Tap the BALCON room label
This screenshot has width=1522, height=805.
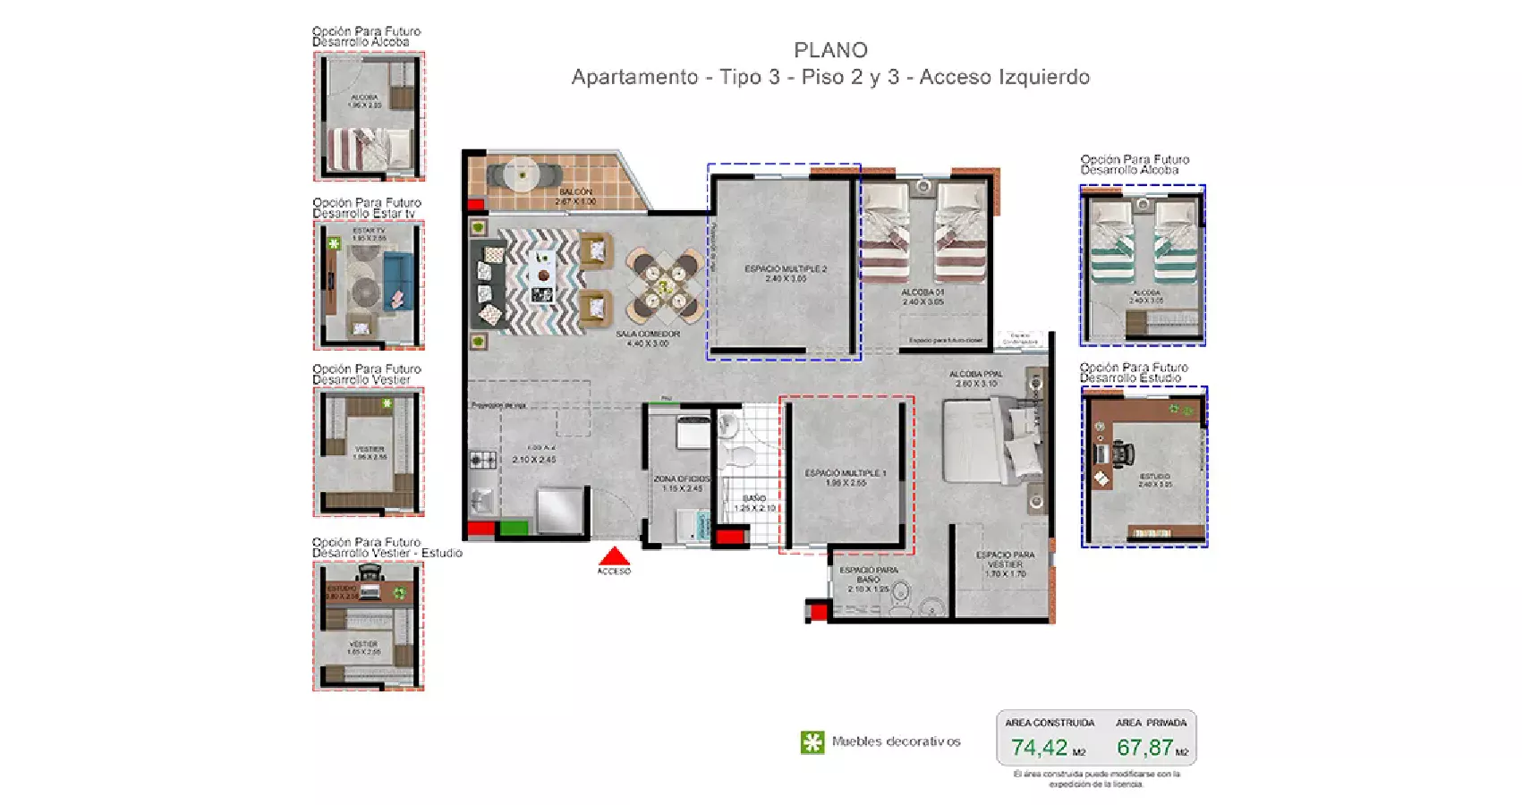575,191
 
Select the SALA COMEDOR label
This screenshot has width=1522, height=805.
648,334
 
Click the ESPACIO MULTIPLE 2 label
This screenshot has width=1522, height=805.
786,268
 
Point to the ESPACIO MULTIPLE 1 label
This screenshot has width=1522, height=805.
846,473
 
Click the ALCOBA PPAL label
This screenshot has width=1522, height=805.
976,374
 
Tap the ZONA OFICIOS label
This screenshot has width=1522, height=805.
682,479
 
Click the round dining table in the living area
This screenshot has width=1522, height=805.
663,286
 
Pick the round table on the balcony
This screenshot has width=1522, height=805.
521,174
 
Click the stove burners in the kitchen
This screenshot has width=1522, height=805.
483,460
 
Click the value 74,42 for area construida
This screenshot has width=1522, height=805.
1040,747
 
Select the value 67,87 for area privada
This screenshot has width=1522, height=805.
1144,747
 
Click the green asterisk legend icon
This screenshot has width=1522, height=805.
812,742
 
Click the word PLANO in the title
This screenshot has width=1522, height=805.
830,50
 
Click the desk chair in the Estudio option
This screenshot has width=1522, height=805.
1121,455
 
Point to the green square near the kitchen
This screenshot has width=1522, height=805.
513,528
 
